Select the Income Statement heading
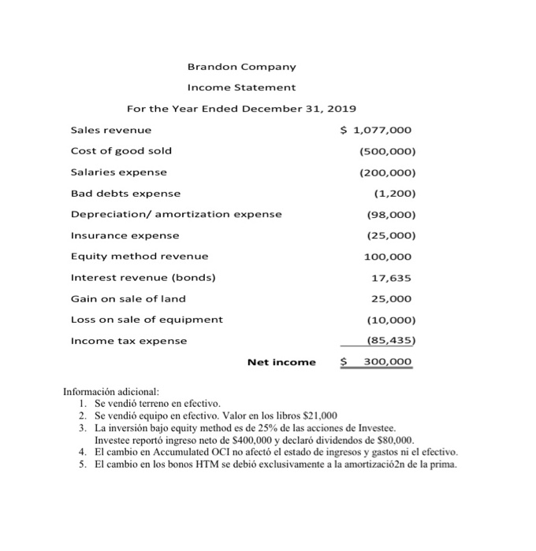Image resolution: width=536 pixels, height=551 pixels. pyautogui.click(x=241, y=87)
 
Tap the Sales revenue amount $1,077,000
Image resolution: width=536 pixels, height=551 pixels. pyautogui.click(x=376, y=130)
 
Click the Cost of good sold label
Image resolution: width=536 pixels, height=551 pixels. pyautogui.click(x=121, y=150)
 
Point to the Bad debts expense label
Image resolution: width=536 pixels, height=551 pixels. pyautogui.click(x=125, y=193)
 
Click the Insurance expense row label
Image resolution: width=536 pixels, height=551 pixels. pyautogui.click(x=125, y=235)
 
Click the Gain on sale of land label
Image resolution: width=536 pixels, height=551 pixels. pyautogui.click(x=128, y=298)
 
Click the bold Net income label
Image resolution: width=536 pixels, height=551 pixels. pyautogui.click(x=281, y=363)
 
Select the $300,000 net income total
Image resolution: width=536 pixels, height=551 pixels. pyautogui.click(x=376, y=362)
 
